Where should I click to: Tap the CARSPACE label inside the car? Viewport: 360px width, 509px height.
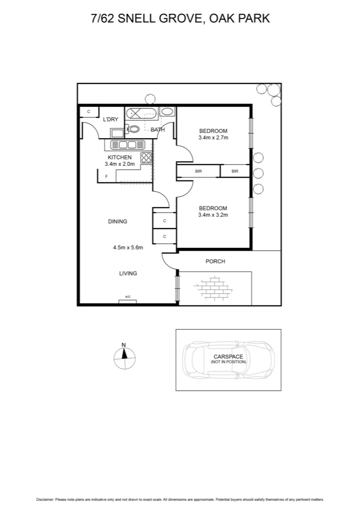coord(229,357)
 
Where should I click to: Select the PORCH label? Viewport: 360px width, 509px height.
coord(215,262)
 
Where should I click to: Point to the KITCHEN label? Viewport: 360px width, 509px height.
coord(120,157)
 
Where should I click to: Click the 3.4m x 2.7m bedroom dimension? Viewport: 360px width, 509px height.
coord(213,138)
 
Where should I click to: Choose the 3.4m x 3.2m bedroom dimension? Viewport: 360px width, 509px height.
coord(213,215)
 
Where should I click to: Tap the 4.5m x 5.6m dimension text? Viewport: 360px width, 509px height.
coord(128,246)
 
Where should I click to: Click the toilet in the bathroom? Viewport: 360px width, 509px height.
coord(133,129)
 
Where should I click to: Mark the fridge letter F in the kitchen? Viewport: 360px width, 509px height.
coord(107,176)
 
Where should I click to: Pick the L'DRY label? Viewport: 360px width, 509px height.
coord(110,120)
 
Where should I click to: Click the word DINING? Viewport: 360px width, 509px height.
coord(117,222)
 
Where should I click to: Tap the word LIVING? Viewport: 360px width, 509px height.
coord(128,273)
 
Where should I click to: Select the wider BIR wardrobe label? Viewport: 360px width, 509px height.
coord(198,171)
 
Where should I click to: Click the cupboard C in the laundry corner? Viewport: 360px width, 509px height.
coord(89,112)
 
